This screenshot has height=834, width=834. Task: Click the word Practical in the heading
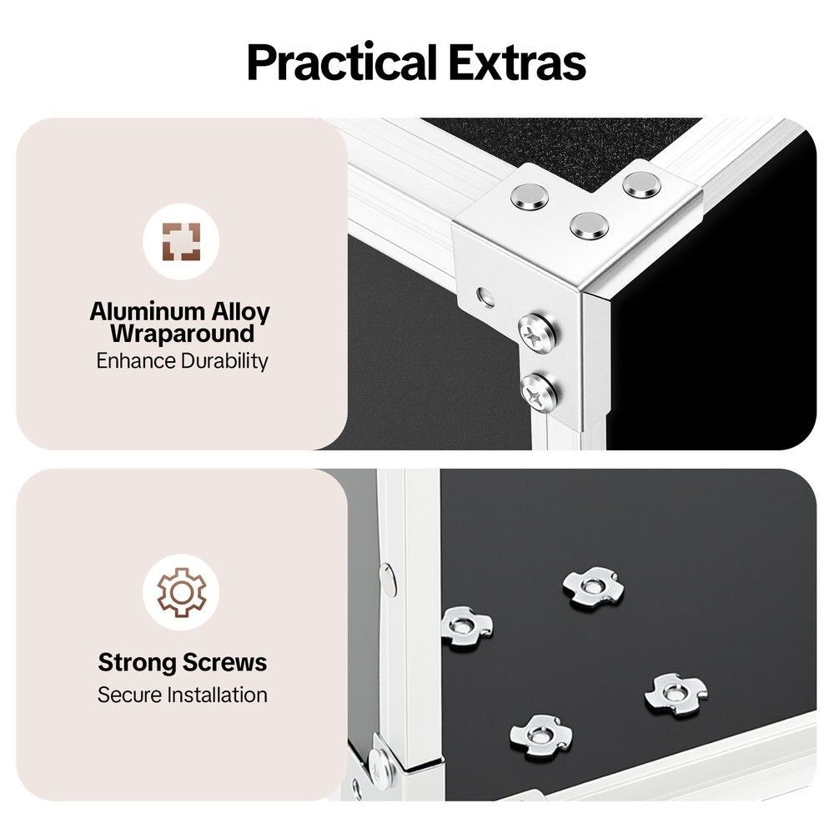341,63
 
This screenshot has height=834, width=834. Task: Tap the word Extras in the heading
517,63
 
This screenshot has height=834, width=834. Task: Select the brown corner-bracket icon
181,242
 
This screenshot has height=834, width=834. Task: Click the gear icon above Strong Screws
181,592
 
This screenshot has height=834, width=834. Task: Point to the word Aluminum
147,311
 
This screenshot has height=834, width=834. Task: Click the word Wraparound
182,334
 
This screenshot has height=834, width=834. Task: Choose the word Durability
224,361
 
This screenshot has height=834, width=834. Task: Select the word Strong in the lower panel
137,663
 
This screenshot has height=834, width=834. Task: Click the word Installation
217,695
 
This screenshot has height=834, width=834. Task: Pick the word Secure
129,696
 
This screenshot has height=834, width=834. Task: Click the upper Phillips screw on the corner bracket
538,331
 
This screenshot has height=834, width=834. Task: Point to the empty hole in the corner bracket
485,298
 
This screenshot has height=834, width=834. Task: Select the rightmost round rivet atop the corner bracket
642,184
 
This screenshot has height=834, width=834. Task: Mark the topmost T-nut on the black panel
593,587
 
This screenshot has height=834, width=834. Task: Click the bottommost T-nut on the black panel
541,736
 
